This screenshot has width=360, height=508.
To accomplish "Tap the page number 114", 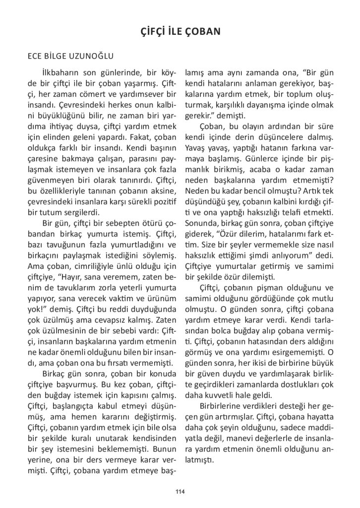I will [x=180, y=491].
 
